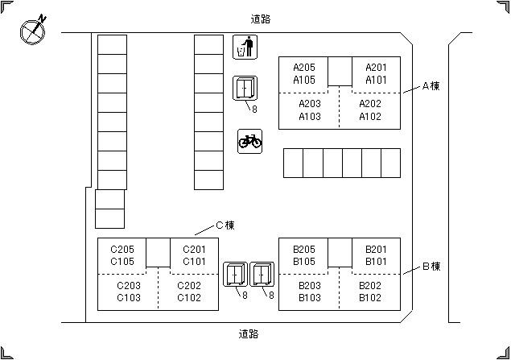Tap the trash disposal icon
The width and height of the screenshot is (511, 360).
244,48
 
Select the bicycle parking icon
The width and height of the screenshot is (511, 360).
249,141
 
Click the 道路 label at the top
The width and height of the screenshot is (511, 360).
260,18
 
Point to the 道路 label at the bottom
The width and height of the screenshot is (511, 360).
249,333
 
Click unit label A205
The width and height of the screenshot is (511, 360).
304,68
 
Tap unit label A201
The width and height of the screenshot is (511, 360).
376,68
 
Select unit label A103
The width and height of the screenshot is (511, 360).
310,116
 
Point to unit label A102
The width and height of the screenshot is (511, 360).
370,116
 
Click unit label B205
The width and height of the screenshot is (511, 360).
304,250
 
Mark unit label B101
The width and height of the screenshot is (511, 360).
376,262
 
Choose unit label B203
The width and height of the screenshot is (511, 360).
310,286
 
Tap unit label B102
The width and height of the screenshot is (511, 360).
370,298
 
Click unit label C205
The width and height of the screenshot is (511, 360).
122,250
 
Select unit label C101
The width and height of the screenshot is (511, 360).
194,262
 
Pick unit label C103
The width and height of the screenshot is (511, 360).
129,298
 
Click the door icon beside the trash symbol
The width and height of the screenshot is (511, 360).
245,89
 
